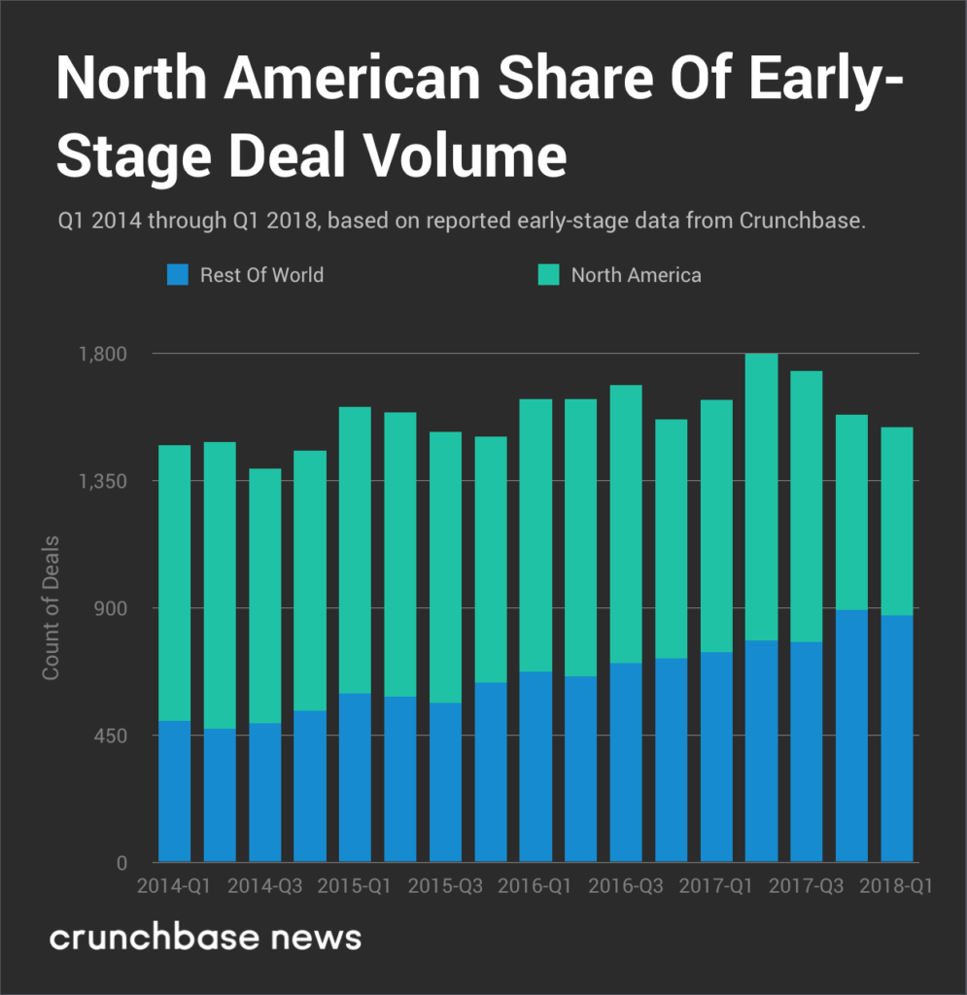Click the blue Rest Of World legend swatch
[x=179, y=275]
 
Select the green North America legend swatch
[x=549, y=275]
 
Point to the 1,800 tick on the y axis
[x=102, y=354]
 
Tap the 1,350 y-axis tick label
[x=102, y=481]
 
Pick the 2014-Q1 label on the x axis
[x=175, y=887]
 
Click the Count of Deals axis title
[x=51, y=607]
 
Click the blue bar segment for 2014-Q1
[x=175, y=791]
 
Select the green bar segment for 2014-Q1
[x=175, y=583]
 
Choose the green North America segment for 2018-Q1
[x=896, y=521]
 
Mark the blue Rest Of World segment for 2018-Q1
[x=896, y=738]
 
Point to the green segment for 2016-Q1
[x=535, y=535]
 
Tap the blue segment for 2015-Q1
[x=355, y=777]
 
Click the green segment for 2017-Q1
[x=716, y=526]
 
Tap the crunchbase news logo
[x=205, y=938]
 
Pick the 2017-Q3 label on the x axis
[x=806, y=887]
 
